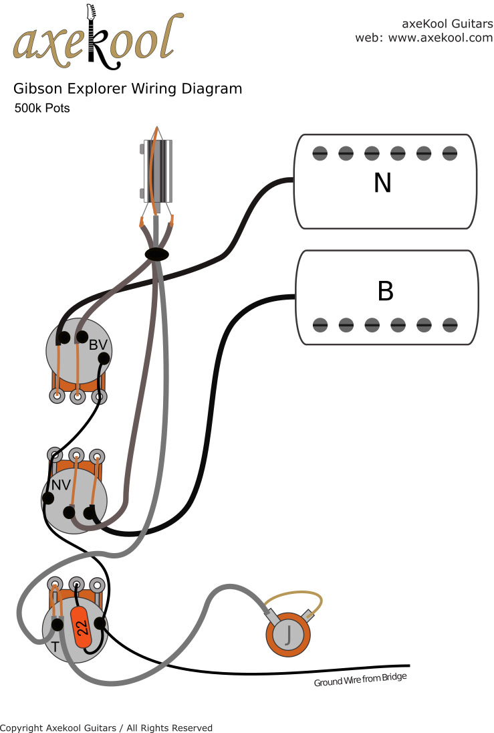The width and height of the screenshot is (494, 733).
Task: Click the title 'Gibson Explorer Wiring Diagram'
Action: tap(128, 88)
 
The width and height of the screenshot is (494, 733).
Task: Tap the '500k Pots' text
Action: tap(42, 108)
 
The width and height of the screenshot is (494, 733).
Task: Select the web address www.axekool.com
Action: tap(441, 37)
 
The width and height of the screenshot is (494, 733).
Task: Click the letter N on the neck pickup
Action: tap(382, 183)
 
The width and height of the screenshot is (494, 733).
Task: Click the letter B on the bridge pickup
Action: tap(385, 291)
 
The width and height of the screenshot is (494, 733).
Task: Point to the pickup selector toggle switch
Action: tap(157, 171)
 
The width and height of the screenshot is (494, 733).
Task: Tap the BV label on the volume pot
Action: tap(98, 345)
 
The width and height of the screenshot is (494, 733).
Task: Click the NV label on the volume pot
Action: tap(61, 486)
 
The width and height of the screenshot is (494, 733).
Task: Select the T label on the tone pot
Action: tap(55, 647)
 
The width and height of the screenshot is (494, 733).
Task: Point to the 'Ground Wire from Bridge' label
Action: tap(360, 679)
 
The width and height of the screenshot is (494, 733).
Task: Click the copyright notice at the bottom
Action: tap(106, 728)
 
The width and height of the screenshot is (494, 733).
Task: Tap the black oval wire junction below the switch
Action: tap(157, 254)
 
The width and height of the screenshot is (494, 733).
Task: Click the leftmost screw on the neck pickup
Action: tap(320, 153)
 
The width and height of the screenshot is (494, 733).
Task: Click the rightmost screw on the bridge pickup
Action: tap(450, 325)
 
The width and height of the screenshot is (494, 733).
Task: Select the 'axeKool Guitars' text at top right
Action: tap(447, 23)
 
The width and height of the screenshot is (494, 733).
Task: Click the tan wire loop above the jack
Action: tap(293, 599)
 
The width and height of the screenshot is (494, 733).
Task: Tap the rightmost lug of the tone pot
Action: tap(97, 585)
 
